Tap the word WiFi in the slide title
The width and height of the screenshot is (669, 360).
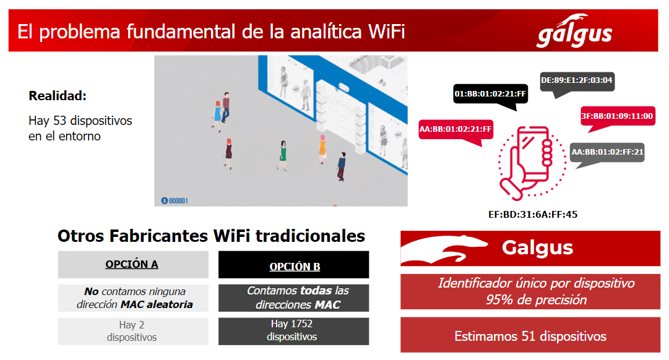click(x=384, y=32)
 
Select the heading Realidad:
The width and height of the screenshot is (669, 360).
click(x=58, y=96)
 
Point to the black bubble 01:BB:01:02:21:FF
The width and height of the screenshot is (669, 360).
click(x=490, y=94)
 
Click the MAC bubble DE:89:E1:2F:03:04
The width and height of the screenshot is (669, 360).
click(x=577, y=80)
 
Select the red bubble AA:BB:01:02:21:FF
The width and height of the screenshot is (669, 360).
click(x=455, y=129)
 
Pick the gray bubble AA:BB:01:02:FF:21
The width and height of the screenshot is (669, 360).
click(x=607, y=152)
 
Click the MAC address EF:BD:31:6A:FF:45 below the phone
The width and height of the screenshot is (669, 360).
click(x=532, y=215)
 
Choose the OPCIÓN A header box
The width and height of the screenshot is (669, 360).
click(x=132, y=265)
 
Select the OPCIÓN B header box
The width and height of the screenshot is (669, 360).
click(x=294, y=267)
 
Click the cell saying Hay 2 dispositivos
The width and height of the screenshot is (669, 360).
click(x=132, y=331)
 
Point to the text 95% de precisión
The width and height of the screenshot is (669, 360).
click(x=536, y=300)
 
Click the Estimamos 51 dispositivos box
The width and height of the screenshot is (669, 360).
click(x=530, y=336)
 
